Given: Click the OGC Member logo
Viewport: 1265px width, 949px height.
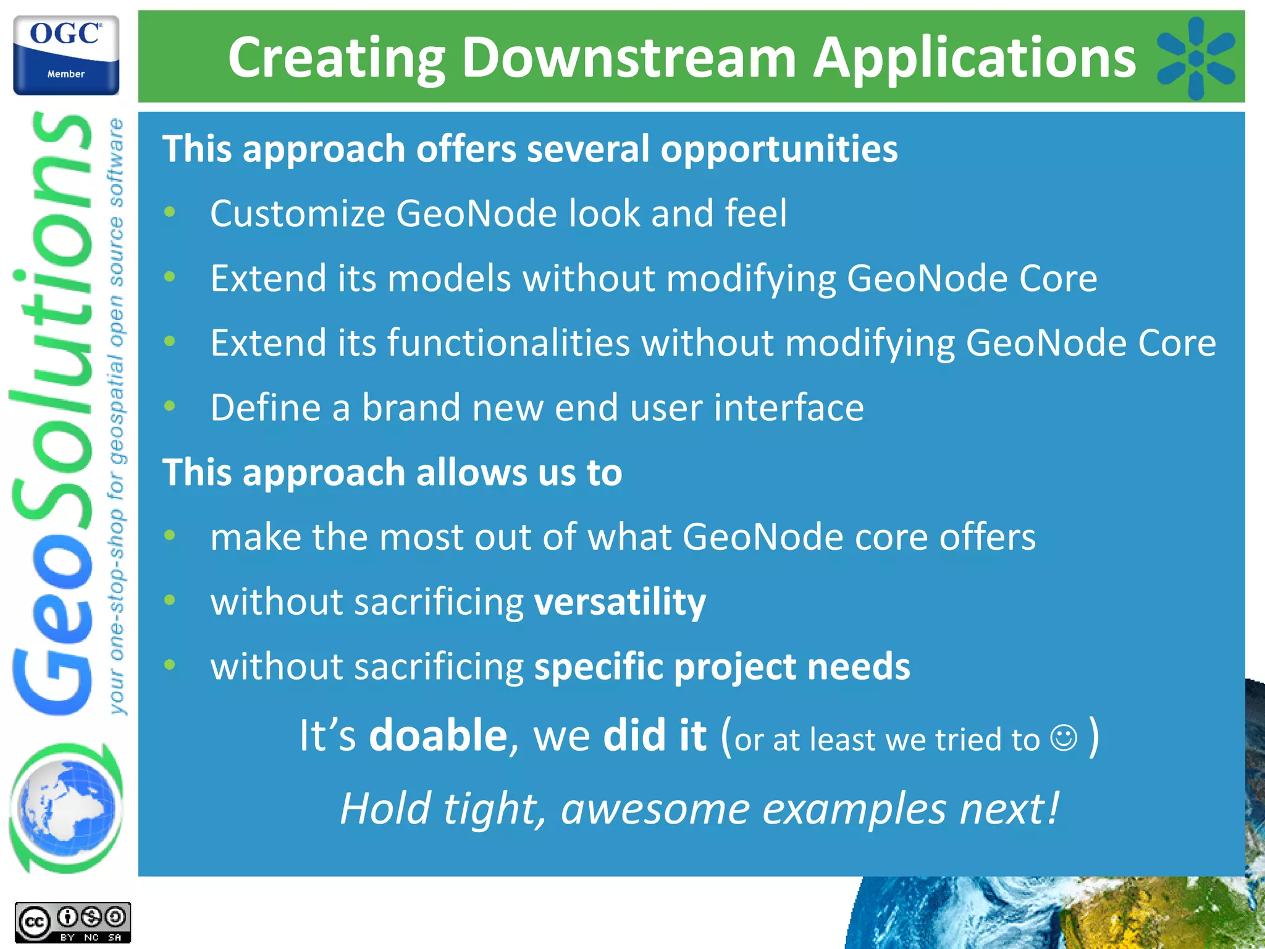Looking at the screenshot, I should click(66, 56).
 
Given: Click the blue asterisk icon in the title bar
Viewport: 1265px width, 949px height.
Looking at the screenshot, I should click(1195, 58).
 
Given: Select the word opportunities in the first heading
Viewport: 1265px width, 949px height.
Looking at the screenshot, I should click(779, 150).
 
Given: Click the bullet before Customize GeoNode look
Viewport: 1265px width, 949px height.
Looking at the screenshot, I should click(170, 213).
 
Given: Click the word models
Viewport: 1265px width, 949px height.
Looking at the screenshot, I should click(449, 278).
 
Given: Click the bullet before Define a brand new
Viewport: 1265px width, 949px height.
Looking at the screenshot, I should click(170, 407).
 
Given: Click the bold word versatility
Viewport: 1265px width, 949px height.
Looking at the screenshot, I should click(620, 602).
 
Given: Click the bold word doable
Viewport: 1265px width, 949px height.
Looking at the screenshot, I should click(438, 735).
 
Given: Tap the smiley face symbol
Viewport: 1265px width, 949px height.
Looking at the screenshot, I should click(1064, 738).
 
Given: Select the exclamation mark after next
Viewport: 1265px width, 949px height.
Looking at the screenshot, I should click(1053, 807).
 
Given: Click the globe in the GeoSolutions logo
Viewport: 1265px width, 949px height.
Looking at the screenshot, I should click(66, 808).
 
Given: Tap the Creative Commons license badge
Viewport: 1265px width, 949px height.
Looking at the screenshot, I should click(72, 922).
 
